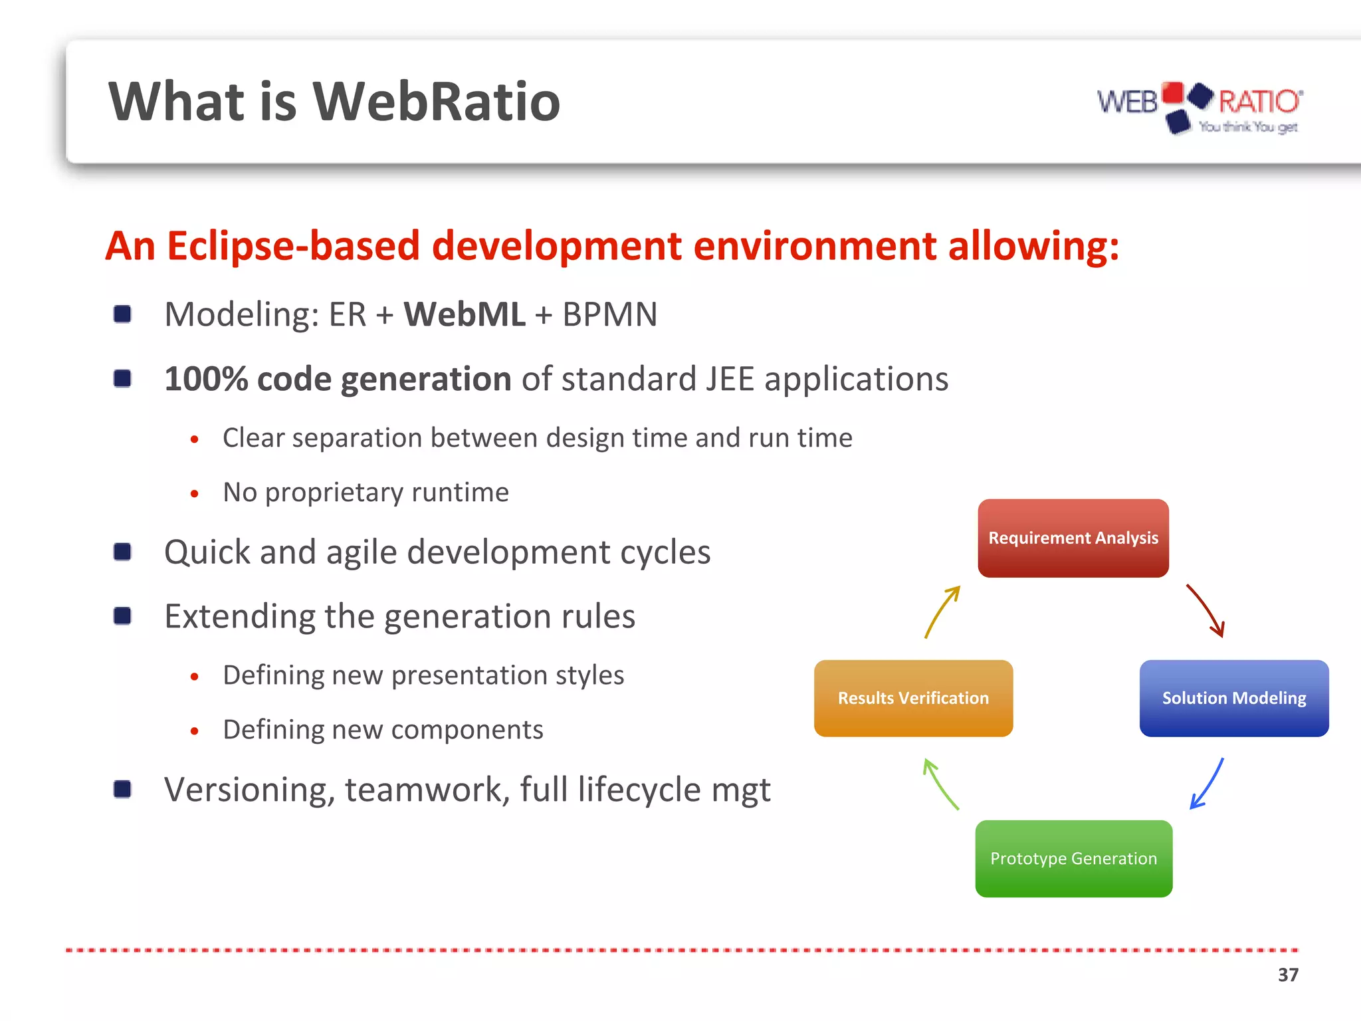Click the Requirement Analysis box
pos(1073,538)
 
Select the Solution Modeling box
pos(1233,698)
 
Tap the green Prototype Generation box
pos(1073,858)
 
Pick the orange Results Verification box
pos(913,698)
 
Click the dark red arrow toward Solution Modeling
pos(1206,610)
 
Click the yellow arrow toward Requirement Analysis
pos(942,611)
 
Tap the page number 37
pos(1287,974)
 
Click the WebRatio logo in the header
pos(1200,106)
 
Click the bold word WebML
pos(464,314)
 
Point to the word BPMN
pos(609,314)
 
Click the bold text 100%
pos(205,379)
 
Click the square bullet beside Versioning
pos(122,789)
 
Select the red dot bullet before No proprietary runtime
pos(194,493)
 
